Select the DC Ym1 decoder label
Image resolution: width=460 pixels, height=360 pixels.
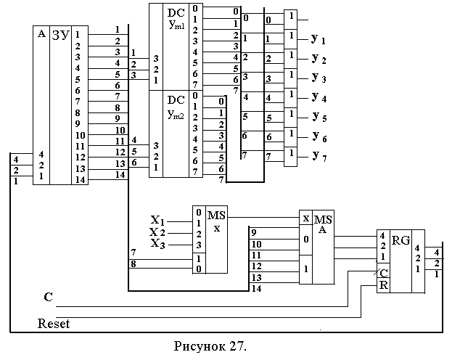(176, 21)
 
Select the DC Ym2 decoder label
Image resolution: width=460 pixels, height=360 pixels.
(176, 107)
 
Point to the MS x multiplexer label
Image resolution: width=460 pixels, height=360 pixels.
(217, 221)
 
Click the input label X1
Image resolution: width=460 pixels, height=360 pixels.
(157, 219)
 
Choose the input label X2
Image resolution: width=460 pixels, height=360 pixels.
(157, 232)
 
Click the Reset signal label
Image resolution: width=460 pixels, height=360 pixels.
(53, 323)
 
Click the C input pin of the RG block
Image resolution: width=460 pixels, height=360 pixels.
(383, 273)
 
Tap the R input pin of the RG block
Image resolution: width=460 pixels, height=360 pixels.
(383, 285)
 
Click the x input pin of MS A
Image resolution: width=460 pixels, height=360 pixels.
(306, 218)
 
